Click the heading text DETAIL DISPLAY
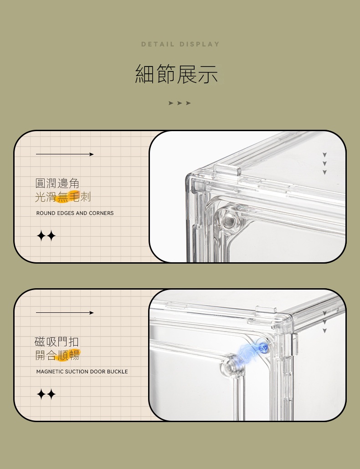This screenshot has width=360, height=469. click(x=180, y=44)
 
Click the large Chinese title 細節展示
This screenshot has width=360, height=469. click(x=176, y=74)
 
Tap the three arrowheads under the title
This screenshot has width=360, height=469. click(x=180, y=103)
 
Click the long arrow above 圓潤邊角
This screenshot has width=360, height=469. click(x=65, y=154)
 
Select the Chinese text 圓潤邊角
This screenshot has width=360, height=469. click(x=57, y=183)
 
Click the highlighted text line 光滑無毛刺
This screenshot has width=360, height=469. click(x=63, y=197)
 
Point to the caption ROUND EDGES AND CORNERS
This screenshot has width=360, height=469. click(x=75, y=213)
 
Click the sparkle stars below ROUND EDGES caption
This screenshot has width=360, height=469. click(x=46, y=236)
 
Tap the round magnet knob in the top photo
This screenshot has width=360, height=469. click(x=228, y=219)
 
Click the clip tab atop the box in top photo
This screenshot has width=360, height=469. click(x=227, y=169)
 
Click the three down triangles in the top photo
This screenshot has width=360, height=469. click(x=324, y=163)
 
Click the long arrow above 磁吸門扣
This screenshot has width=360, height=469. click(x=65, y=313)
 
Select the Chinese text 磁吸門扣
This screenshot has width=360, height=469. click(x=57, y=342)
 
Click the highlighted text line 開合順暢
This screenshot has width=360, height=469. click(x=57, y=355)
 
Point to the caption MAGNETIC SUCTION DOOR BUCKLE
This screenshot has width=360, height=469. click(x=82, y=372)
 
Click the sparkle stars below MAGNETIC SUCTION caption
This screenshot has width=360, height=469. click(x=46, y=394)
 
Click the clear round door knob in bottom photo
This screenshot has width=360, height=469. click(x=231, y=366)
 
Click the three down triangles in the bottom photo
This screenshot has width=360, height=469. click(x=324, y=322)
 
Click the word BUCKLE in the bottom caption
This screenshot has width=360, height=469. click(x=117, y=372)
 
